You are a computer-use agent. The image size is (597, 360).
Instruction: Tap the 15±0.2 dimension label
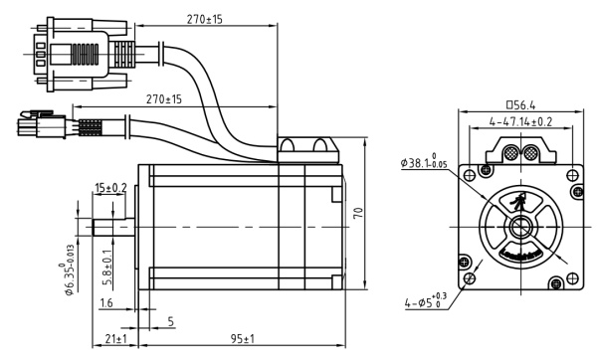coord(110,188)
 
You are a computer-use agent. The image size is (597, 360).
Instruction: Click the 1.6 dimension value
coord(106,303)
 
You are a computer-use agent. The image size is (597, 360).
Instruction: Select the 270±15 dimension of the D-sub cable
coord(203,18)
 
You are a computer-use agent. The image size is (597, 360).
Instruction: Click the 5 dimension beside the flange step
coord(170,321)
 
